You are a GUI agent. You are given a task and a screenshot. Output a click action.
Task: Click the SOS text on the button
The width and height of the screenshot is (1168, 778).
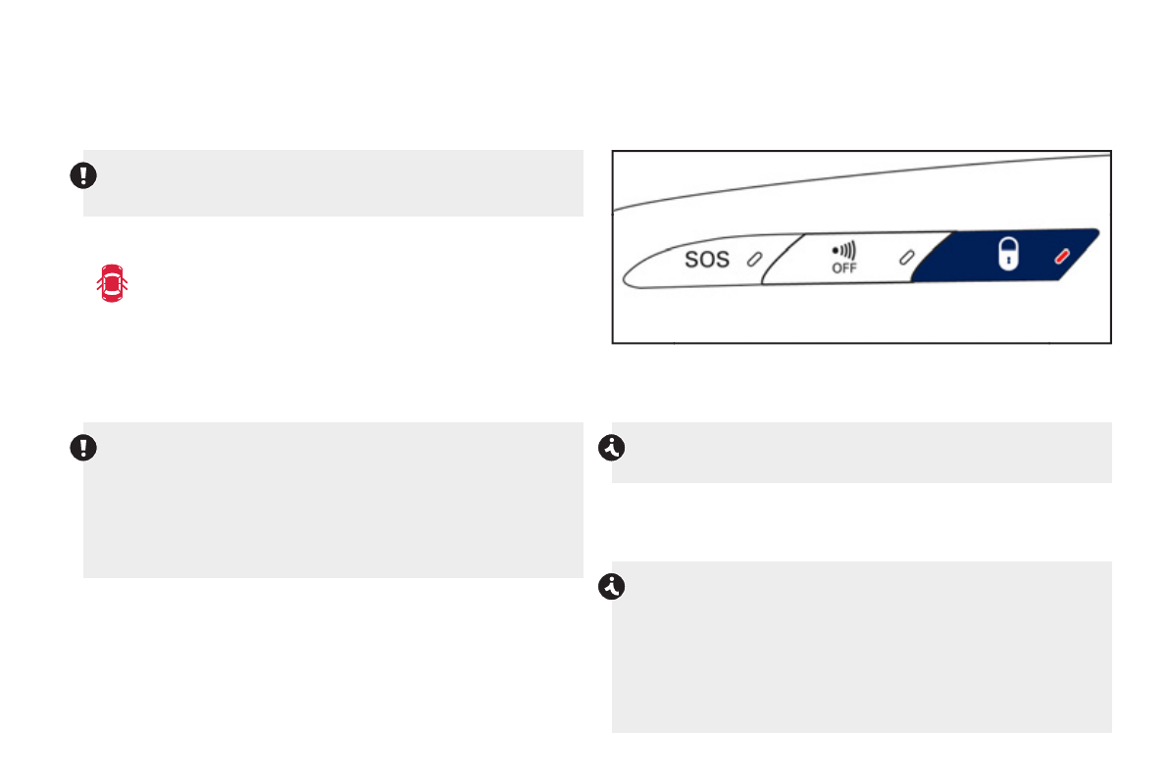[707, 259]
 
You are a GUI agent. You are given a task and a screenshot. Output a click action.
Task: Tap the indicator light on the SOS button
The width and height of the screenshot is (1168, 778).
[754, 259]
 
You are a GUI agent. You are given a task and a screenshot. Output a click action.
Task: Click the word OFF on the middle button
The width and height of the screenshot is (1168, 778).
[844, 268]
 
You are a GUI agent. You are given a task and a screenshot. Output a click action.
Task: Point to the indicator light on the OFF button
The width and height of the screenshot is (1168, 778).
[906, 258]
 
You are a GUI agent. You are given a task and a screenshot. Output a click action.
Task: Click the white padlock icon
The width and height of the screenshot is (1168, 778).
[1008, 254]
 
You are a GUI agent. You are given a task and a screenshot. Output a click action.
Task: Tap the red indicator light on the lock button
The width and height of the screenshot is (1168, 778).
[1062, 256]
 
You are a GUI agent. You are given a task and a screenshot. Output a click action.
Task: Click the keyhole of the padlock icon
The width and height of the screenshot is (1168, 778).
[1008, 260]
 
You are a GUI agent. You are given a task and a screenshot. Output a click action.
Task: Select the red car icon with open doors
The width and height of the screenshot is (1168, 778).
[112, 283]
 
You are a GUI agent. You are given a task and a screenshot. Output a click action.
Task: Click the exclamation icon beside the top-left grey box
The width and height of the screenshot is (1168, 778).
[83, 175]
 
